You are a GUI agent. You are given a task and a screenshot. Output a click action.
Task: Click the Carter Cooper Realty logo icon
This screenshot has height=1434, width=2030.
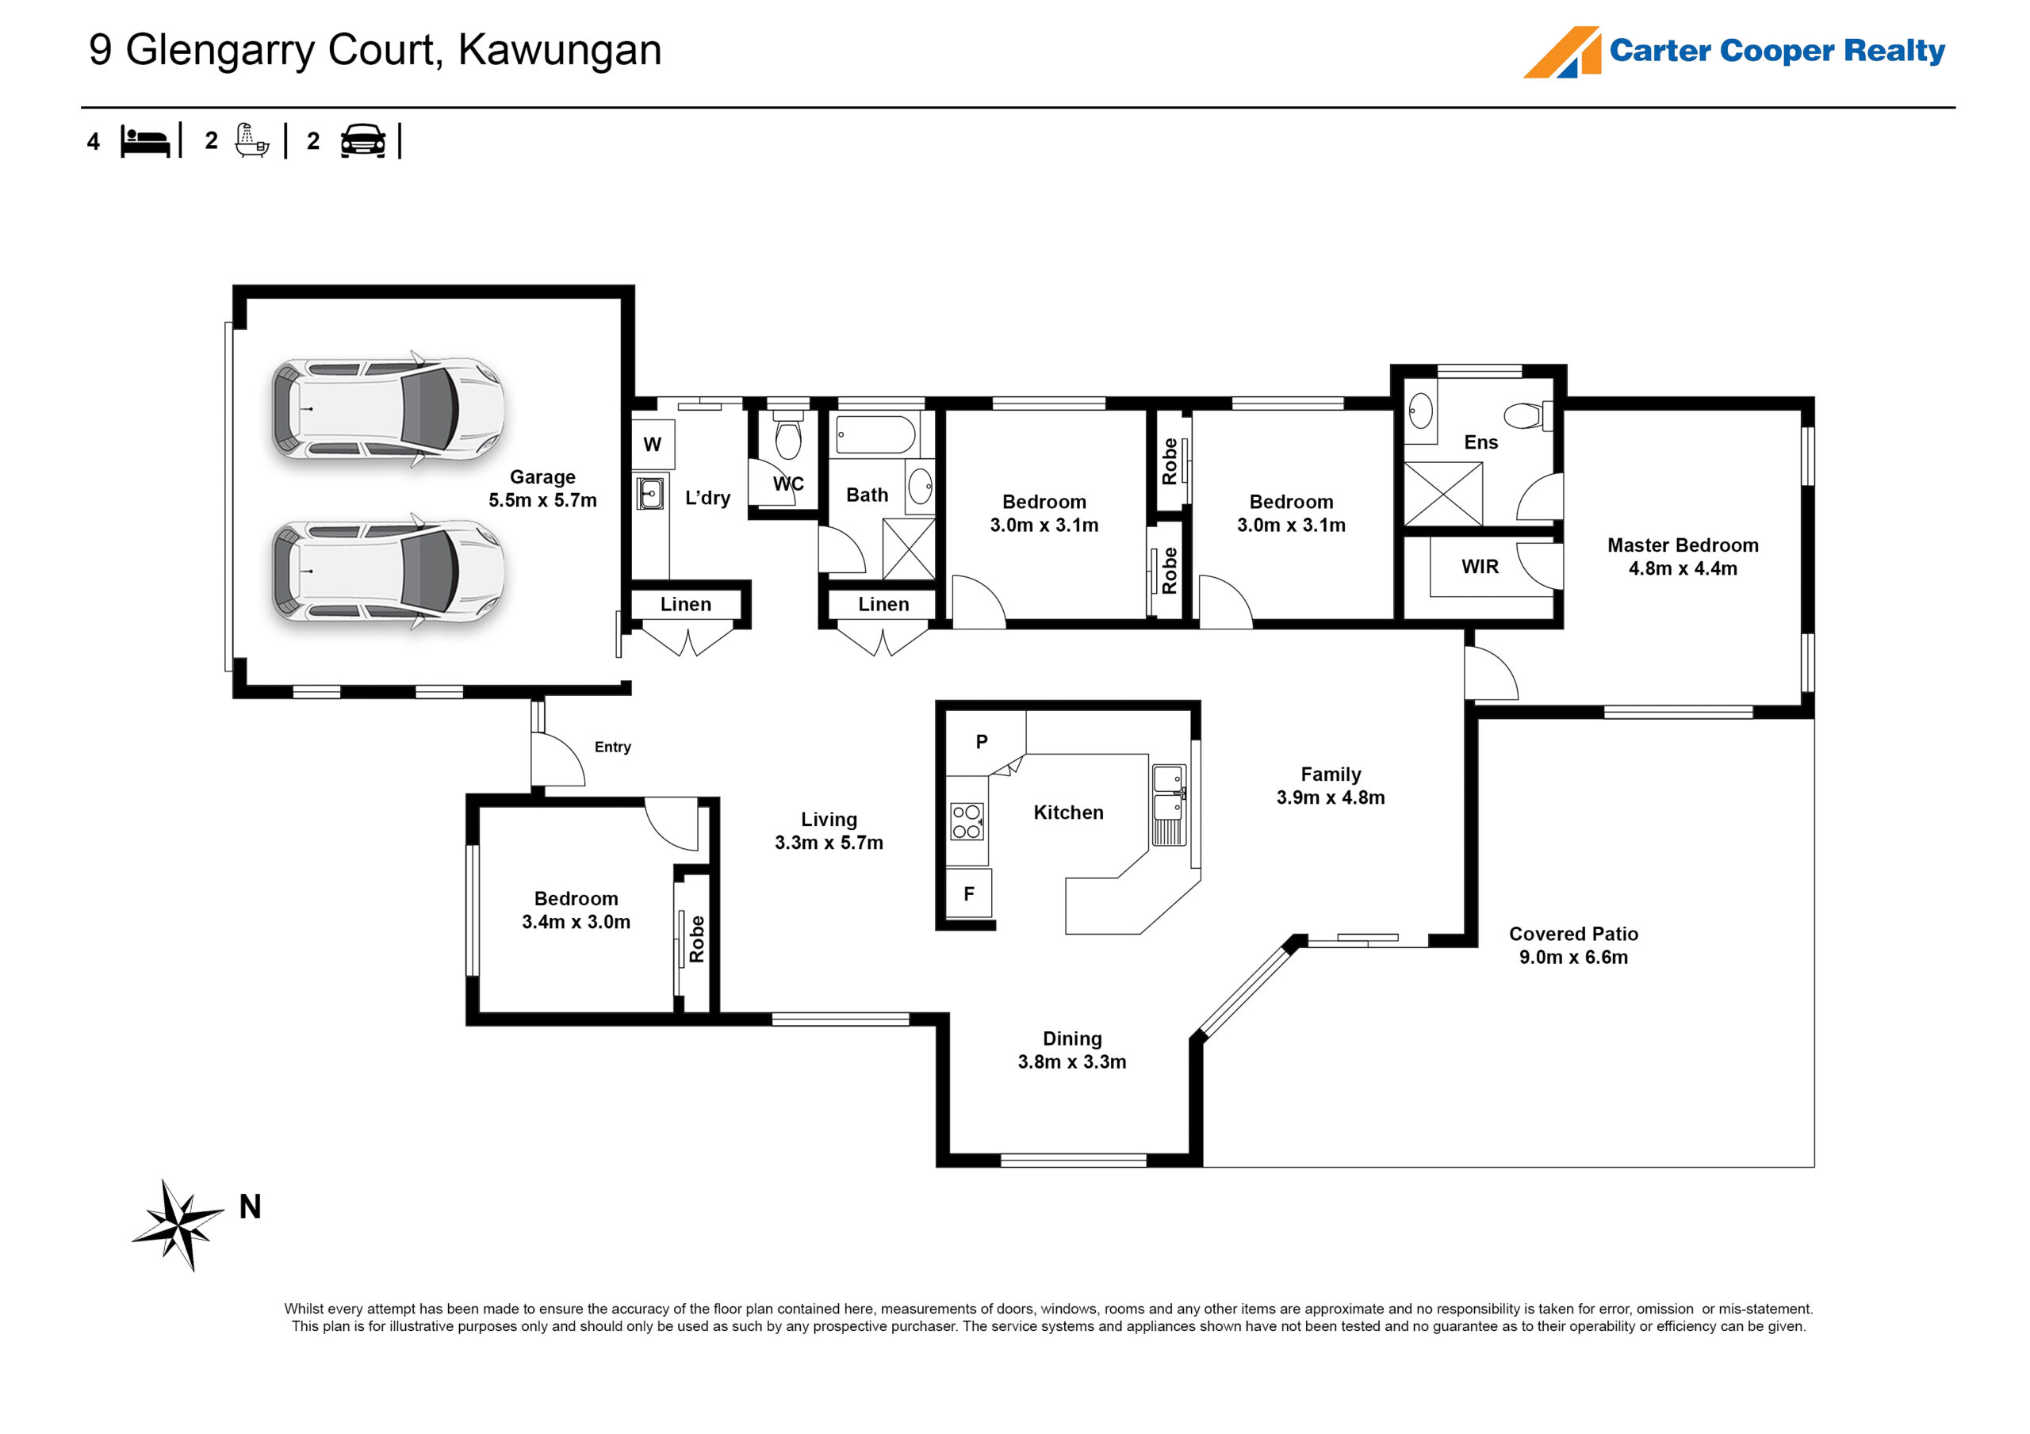pyautogui.click(x=1563, y=52)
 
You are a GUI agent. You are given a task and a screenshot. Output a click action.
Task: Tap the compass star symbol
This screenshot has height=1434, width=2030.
pyautogui.click(x=179, y=1225)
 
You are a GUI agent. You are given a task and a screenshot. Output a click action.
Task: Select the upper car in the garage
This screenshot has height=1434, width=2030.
pyautogui.click(x=387, y=408)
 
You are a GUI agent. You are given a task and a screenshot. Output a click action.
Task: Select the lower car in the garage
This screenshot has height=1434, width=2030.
pyautogui.click(x=387, y=571)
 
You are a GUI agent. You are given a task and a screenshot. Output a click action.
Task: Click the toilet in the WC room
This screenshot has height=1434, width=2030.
pyautogui.click(x=787, y=435)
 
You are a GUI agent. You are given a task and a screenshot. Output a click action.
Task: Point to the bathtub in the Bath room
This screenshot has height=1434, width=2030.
pyautogui.click(x=875, y=435)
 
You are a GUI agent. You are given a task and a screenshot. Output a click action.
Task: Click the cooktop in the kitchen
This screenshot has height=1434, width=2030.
pyautogui.click(x=967, y=821)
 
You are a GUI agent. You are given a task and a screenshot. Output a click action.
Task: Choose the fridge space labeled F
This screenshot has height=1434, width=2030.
pyautogui.click(x=969, y=894)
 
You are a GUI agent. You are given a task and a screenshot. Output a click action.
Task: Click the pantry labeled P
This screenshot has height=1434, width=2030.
pyautogui.click(x=982, y=742)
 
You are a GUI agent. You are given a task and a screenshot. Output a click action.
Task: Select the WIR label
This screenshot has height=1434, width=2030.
pyautogui.click(x=1480, y=567)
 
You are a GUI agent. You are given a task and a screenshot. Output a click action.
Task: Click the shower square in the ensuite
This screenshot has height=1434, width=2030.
pyautogui.click(x=1443, y=494)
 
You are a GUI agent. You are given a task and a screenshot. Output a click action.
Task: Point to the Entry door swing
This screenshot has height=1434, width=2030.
pyautogui.click(x=557, y=761)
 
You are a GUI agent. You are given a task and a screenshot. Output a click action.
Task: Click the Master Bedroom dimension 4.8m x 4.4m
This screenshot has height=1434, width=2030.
pyautogui.click(x=1683, y=568)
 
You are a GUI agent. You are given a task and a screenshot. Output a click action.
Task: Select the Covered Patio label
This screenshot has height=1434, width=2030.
pyautogui.click(x=1573, y=934)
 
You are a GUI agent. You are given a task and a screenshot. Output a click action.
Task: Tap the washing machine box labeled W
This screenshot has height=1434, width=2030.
pyautogui.click(x=653, y=445)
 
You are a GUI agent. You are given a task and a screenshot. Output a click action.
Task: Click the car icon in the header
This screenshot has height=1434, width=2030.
pyautogui.click(x=362, y=141)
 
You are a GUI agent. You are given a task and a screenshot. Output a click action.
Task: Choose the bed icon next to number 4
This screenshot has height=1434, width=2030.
pyautogui.click(x=145, y=141)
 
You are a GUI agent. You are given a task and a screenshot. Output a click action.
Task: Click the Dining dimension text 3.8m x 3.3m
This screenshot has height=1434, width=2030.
pyautogui.click(x=1071, y=1061)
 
